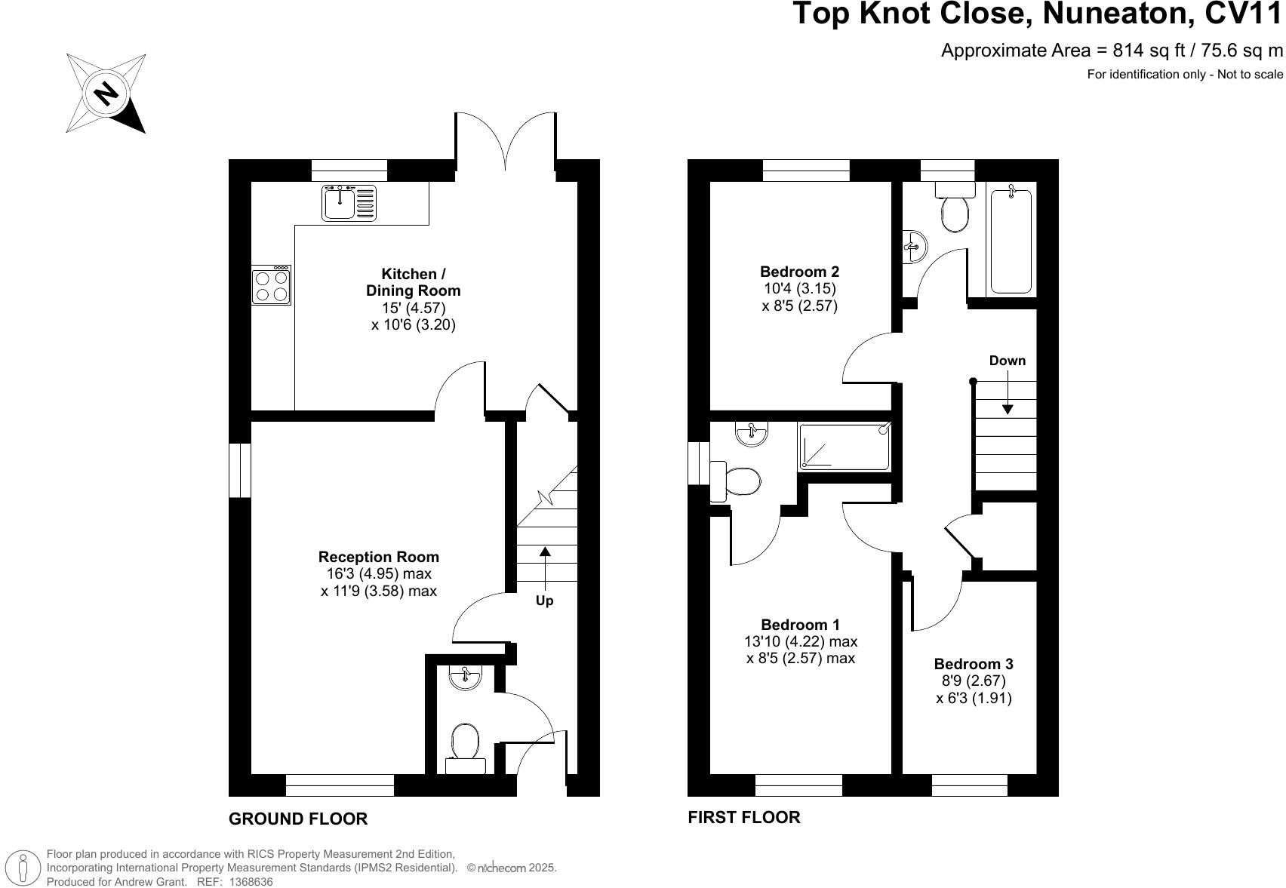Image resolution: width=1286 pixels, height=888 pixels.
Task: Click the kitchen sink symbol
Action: (349, 202)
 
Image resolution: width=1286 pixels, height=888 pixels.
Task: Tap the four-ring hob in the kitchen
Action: (271, 285)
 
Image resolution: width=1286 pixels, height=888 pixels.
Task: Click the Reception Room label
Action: (378, 557)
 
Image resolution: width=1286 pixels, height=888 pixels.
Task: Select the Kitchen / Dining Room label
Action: (412, 282)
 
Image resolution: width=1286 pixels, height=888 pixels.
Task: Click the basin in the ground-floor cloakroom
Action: (464, 677)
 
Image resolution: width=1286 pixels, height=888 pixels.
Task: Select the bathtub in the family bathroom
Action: (1011, 241)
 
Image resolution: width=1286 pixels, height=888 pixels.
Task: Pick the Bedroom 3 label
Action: (974, 664)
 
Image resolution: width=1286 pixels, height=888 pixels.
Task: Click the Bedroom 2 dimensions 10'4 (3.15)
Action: (799, 288)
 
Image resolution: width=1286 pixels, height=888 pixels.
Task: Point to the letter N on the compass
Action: (106, 94)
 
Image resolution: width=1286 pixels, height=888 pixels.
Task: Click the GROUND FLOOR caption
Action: (298, 819)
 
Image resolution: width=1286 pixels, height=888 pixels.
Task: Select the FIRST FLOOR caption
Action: (743, 817)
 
